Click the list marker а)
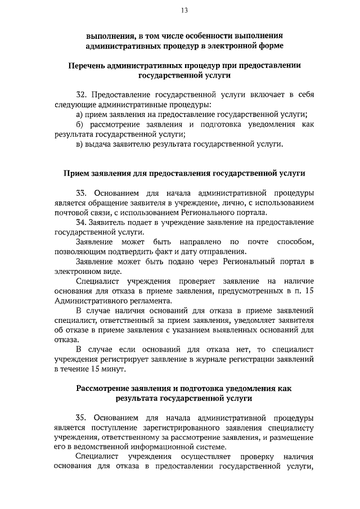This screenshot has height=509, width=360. tap(79, 114)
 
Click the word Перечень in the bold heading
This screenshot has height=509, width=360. tap(91, 65)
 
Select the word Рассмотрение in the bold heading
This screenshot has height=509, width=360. tap(109, 389)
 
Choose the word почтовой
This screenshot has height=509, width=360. tap(71, 212)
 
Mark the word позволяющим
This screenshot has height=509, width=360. tap(82, 251)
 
